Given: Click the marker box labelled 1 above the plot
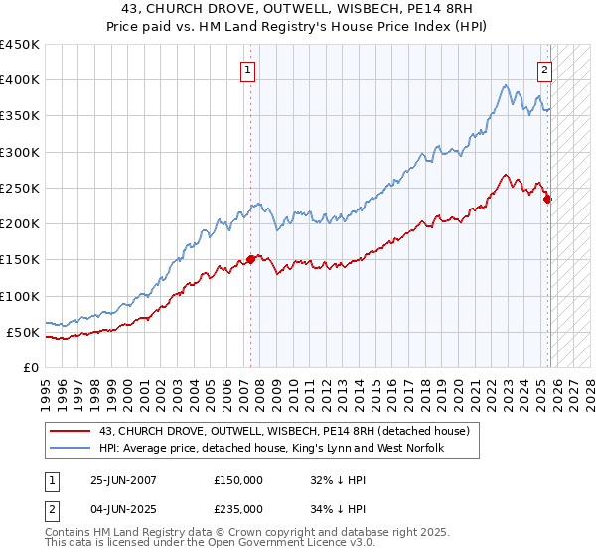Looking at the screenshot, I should pyautogui.click(x=246, y=69).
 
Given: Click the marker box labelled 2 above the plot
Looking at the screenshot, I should pyautogui.click(x=545, y=69).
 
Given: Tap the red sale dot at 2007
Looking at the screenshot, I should pyautogui.click(x=250, y=259).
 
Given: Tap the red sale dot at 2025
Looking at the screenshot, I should pyautogui.click(x=547, y=199).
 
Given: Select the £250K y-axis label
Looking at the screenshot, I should pyautogui.click(x=20, y=188).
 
